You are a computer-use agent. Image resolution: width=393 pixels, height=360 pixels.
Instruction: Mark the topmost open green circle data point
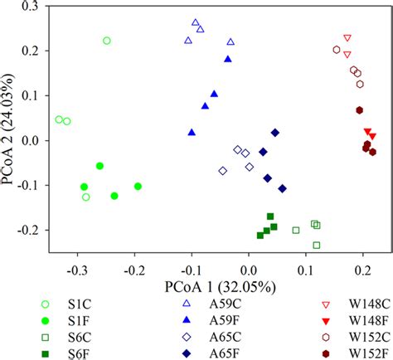point(106,41)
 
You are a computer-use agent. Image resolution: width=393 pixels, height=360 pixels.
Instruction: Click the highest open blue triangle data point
point(196,22)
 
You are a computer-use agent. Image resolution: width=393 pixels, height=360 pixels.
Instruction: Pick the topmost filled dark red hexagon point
point(360,109)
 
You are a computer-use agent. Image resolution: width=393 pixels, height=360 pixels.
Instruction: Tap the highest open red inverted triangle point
point(347,38)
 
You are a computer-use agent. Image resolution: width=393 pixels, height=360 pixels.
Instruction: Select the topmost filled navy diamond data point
point(275,132)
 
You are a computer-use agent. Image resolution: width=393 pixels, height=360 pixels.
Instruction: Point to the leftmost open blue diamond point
point(222,171)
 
